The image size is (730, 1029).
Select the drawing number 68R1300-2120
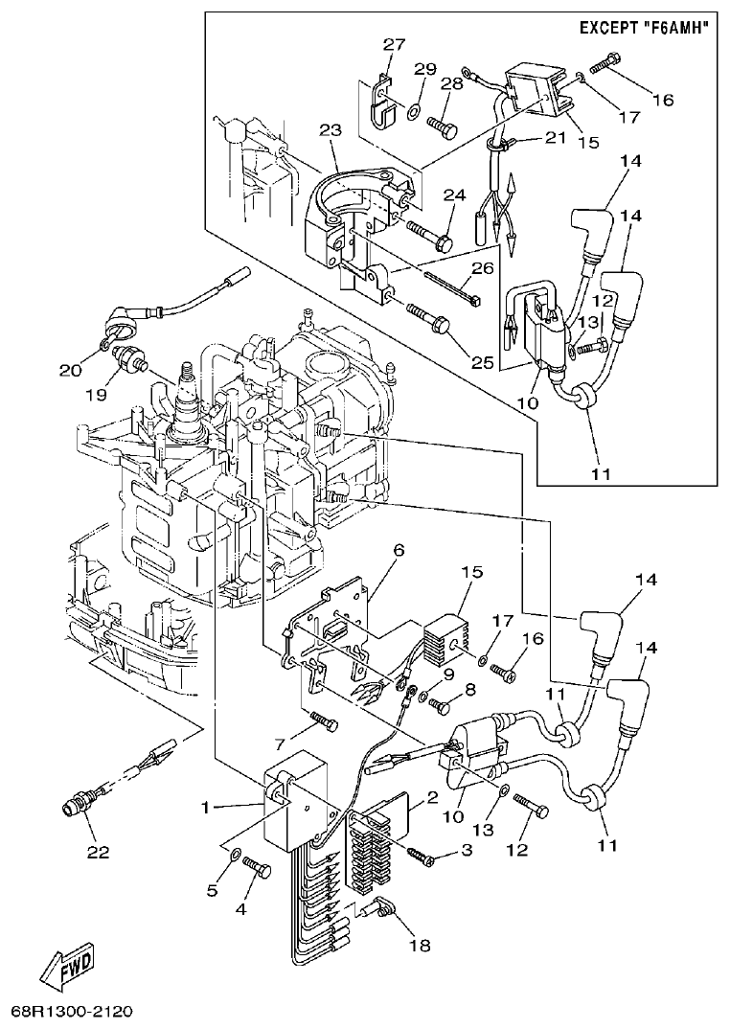coord(72,1012)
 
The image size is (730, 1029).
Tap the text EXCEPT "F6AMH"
coord(645,28)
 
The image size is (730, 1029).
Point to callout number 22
coord(99,851)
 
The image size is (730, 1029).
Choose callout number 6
coord(398,550)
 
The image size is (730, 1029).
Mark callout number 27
coord(394,44)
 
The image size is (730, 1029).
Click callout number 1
coord(204,807)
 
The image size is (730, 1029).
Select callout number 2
coord(432,797)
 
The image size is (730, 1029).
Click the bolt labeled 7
coord(324,720)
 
